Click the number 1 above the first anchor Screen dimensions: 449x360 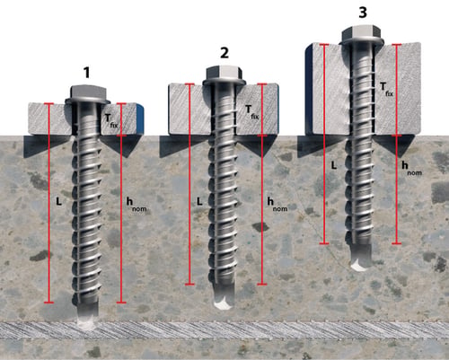86,73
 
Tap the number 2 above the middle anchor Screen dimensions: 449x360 224,53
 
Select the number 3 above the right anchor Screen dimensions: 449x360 363,13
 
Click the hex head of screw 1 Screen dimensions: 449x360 89,93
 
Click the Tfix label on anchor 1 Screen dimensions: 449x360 111,120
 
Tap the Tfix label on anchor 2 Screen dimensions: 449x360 251,112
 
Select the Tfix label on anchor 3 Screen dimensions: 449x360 386,89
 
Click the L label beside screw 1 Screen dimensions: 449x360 58,201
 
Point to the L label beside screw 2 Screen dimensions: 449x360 199,201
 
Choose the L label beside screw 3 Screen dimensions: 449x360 334,165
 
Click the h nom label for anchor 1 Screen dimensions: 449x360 136,205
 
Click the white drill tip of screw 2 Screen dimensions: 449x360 223,303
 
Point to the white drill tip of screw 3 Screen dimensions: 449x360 358,265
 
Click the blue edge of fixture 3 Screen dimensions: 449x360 309,89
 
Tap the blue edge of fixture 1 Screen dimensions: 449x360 140,118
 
